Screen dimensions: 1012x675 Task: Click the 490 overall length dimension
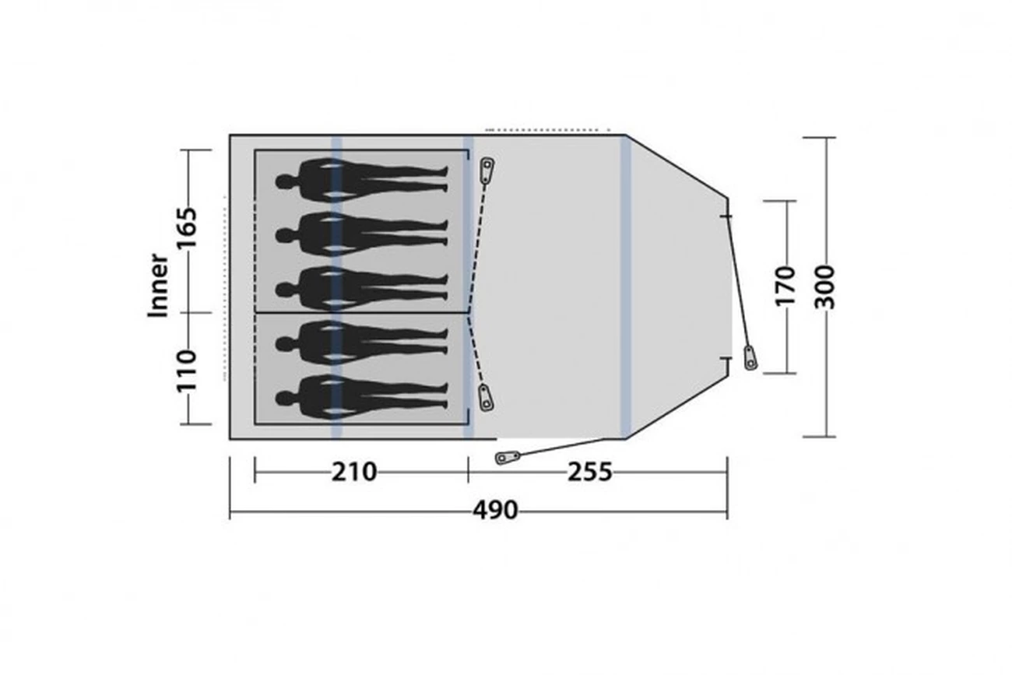[495, 511]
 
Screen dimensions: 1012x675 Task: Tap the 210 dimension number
[354, 473]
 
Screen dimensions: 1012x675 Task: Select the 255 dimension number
[589, 473]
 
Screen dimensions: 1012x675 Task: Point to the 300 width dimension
[825, 287]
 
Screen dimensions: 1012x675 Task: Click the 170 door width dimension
[785, 287]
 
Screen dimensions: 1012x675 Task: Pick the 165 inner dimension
[187, 228]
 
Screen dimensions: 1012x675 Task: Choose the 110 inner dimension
[187, 371]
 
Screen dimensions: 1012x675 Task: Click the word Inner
[158, 286]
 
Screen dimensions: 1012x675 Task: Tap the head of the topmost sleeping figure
[283, 182]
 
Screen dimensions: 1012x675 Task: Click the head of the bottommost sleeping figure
[283, 399]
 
